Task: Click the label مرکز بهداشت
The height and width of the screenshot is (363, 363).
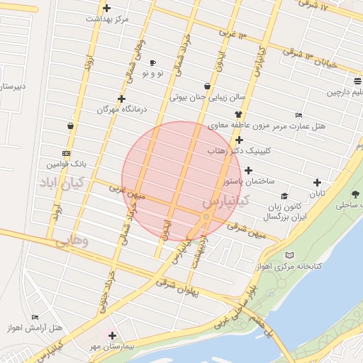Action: coord(108,19)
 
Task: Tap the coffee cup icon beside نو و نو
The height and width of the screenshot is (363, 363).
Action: coord(152,63)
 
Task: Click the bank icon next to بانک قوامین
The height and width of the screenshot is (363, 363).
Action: coord(66,153)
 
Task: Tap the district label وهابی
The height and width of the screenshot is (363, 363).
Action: coord(72,240)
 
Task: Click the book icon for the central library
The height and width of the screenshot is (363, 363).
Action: coord(288,255)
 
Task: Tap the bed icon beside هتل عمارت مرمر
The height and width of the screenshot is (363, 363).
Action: coord(298,116)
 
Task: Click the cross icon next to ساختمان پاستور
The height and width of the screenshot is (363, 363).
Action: coord(248,170)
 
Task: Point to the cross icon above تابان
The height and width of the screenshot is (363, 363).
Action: coord(317,182)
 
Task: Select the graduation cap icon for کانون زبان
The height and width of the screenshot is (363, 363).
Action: coord(284,196)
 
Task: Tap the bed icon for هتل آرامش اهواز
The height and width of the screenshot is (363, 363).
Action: coord(35,317)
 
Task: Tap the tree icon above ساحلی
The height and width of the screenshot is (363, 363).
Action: coord(355,194)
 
